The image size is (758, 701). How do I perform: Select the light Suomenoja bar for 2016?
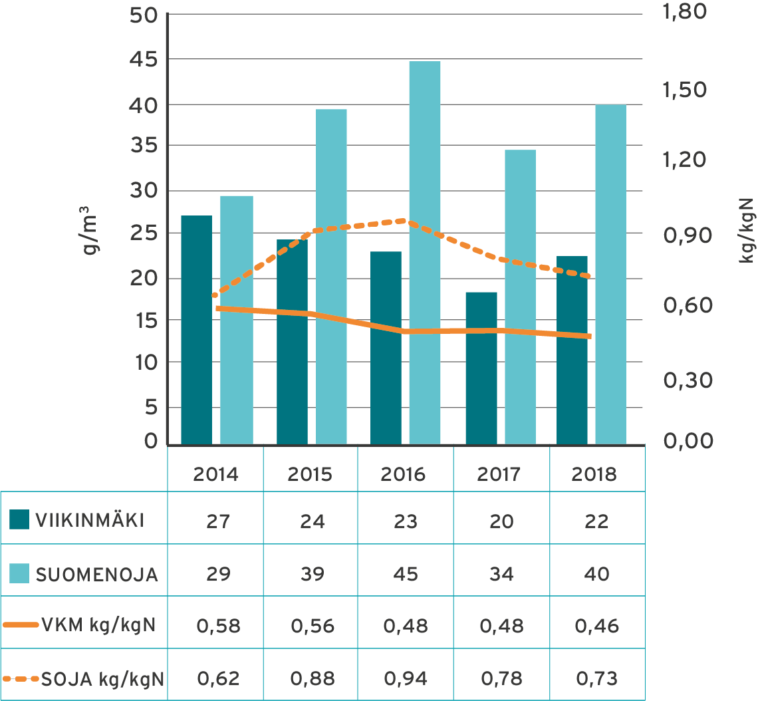(425, 253)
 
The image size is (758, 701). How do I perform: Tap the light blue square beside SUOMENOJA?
(19, 573)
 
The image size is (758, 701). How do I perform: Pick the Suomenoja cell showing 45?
(405, 573)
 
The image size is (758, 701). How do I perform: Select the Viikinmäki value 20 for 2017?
(501, 521)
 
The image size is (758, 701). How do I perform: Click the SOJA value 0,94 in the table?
(405, 679)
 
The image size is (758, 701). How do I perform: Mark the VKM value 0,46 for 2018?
(596, 626)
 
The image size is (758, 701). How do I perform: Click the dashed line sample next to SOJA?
(21, 679)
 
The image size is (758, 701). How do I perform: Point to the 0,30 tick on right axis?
(688, 380)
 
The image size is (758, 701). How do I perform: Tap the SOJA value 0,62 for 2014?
(218, 679)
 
